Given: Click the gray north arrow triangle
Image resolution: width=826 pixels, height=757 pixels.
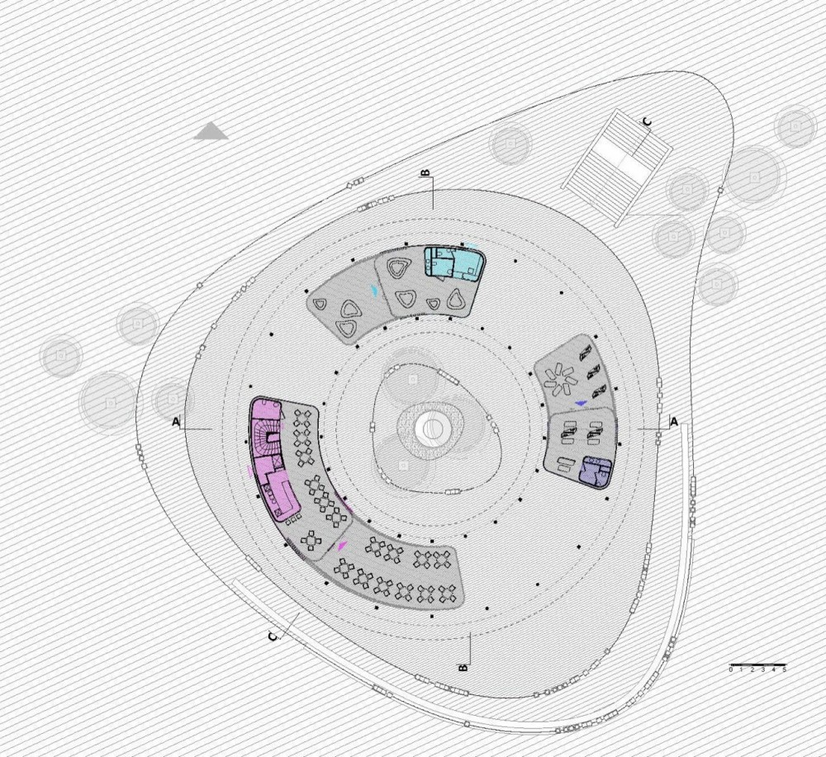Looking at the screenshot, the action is coord(211,131).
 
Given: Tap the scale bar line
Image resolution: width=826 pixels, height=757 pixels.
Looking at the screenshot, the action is coord(757,665).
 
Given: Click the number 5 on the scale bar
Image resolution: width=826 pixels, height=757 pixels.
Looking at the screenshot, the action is coord(784,670).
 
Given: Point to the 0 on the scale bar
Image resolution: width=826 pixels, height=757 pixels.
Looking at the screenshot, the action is coord(731,670).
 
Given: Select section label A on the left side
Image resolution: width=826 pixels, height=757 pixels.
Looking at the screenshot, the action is coord(176,422).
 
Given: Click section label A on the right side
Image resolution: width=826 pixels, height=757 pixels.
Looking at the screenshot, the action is coord(673,421).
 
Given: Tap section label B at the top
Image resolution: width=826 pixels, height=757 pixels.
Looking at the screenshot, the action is coord(425,173).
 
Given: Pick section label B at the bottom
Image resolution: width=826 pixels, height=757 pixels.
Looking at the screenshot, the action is coord(463,668).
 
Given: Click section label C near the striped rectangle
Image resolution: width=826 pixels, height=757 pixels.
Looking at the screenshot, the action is coord(648,122).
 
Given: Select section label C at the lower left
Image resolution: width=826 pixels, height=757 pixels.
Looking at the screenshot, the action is coord(273,637).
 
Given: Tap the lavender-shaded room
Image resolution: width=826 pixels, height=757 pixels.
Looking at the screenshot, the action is coord(596,470).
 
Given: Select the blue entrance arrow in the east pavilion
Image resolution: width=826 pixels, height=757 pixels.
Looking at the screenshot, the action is coord(581,403).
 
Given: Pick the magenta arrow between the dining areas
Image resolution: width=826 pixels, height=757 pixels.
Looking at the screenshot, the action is coord(344,546).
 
